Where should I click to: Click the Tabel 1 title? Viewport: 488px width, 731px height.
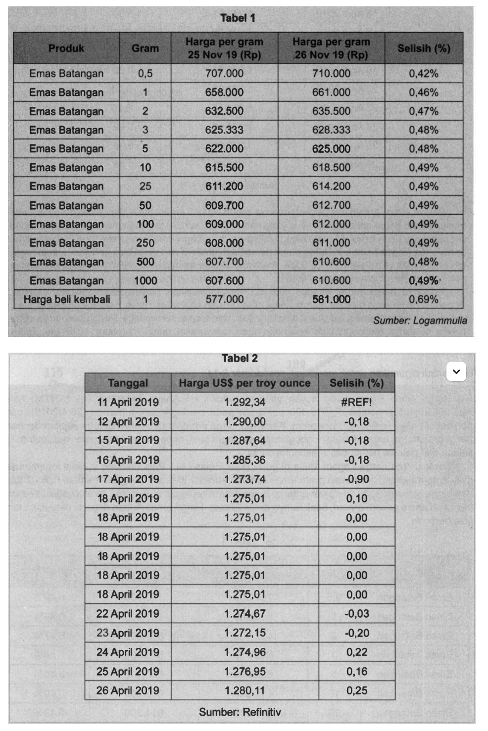pyautogui.click(x=238, y=18)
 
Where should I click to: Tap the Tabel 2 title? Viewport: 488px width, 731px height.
pyautogui.click(x=240, y=359)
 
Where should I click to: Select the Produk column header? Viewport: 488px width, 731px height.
pyautogui.click(x=66, y=48)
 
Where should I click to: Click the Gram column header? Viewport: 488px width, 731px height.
pyautogui.click(x=145, y=48)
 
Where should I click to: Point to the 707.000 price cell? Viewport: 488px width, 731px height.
pyautogui.click(x=224, y=74)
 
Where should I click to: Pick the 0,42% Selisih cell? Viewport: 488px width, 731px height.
pyautogui.click(x=424, y=74)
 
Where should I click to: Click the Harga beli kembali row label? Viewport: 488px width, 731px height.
pyautogui.click(x=67, y=299)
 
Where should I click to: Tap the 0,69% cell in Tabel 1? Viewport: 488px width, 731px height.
pyautogui.click(x=424, y=299)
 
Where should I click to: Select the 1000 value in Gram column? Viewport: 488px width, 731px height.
pyautogui.click(x=145, y=281)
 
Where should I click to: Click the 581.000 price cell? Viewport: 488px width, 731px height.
pyautogui.click(x=331, y=299)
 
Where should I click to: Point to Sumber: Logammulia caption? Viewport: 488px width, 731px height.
pyautogui.click(x=420, y=320)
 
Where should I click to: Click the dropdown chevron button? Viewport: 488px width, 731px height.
pyautogui.click(x=456, y=372)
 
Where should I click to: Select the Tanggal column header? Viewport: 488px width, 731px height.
pyautogui.click(x=128, y=383)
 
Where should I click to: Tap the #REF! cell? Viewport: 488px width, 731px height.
pyautogui.click(x=356, y=402)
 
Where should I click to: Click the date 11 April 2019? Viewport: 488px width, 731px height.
pyautogui.click(x=128, y=402)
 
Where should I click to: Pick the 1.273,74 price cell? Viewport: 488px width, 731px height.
pyautogui.click(x=244, y=479)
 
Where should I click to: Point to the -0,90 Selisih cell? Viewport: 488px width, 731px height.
pyautogui.click(x=356, y=479)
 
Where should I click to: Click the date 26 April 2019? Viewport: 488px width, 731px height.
pyautogui.click(x=128, y=690)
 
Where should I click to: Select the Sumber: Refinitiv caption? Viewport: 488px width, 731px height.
pyautogui.click(x=240, y=712)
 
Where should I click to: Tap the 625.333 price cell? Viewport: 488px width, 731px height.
pyautogui.click(x=224, y=130)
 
